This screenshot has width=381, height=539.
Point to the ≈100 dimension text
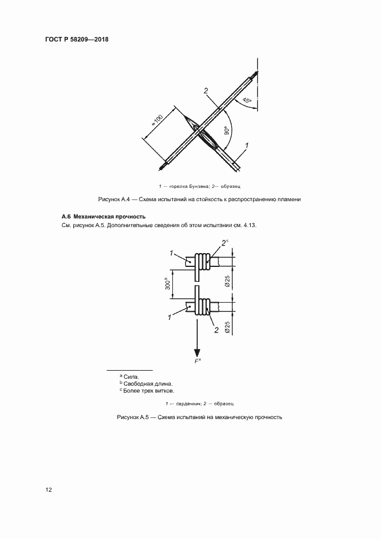157,120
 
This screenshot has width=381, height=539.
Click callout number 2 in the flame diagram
205,91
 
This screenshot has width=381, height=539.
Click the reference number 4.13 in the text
250,225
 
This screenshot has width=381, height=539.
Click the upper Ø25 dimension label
227,282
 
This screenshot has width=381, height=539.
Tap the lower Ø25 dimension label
227,327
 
